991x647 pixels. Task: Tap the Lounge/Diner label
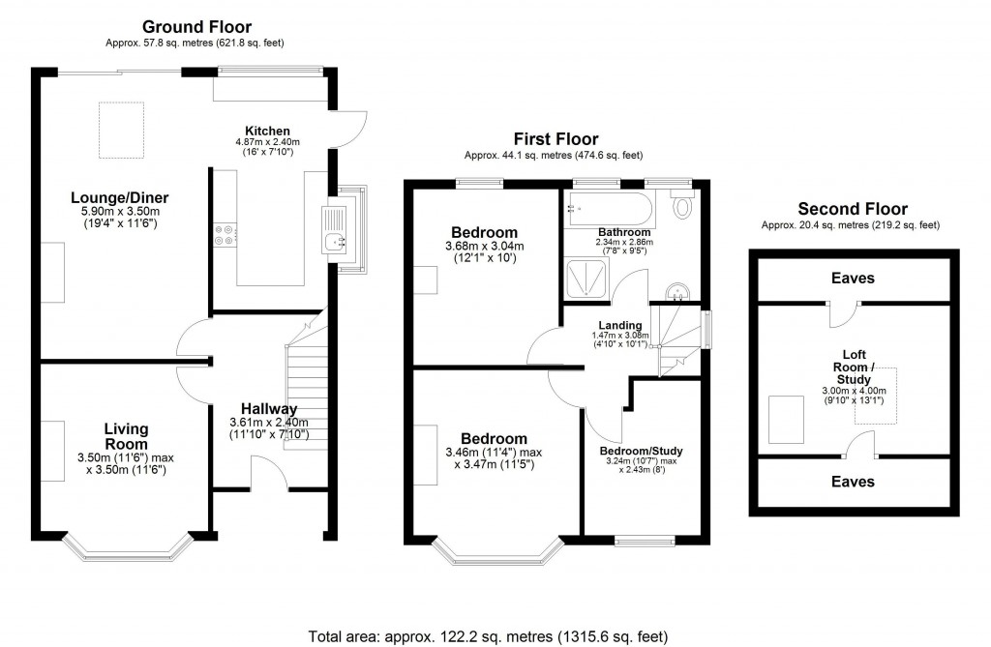pos(114,198)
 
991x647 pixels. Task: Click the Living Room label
pos(127,436)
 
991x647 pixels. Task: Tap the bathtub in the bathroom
pos(611,205)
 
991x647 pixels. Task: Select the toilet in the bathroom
pos(682,203)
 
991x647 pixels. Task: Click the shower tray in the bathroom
pos(583,276)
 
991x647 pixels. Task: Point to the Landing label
pos(619,325)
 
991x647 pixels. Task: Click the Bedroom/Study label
pos(641,451)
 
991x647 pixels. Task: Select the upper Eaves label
pos(853,279)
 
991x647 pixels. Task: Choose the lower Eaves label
pos(853,481)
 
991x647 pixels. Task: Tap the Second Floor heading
pos(853,208)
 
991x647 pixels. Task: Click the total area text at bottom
pos(488,636)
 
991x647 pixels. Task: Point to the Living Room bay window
pos(127,549)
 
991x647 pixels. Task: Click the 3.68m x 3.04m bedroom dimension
pos(484,247)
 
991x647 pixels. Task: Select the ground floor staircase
pos(305,387)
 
